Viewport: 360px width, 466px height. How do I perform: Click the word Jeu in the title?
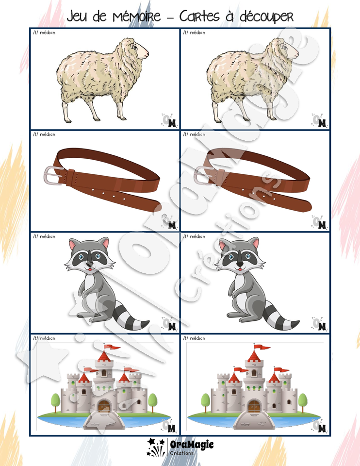(77, 16)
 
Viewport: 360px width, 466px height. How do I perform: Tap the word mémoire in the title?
(137, 16)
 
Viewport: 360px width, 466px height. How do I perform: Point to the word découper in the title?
(266, 17)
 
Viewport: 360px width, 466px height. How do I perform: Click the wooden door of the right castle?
(254, 406)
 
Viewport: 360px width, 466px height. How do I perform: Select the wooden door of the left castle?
(104, 406)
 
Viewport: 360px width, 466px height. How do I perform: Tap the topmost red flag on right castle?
(263, 348)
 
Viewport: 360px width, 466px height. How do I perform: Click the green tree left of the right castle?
(205, 402)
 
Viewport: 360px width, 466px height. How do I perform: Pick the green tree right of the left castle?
(153, 402)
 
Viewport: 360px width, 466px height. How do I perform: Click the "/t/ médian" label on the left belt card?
(44, 134)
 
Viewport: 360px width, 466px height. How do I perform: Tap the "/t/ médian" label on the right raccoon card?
(194, 236)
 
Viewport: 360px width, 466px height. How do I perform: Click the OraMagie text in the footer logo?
(192, 445)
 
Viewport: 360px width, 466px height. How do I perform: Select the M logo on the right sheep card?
(322, 123)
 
